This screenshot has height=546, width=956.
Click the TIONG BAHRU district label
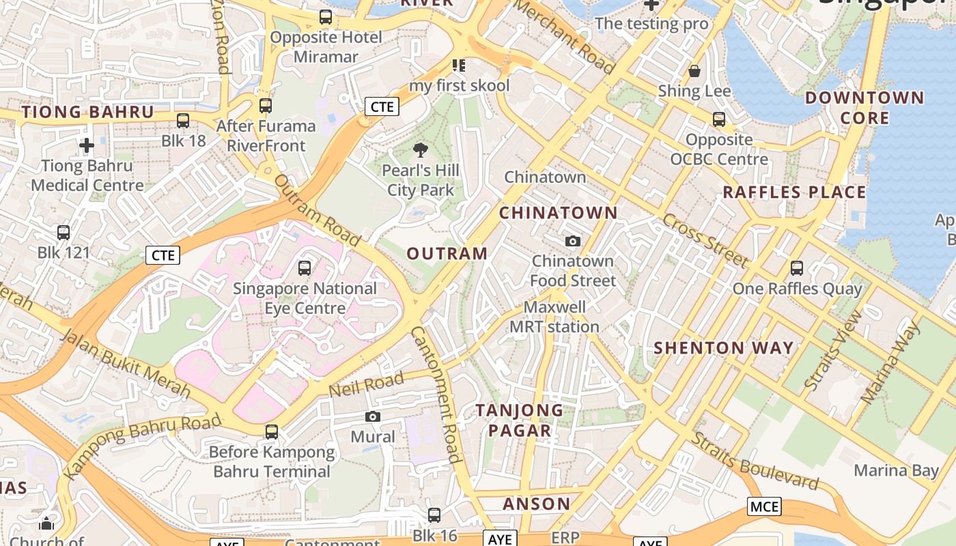click(87, 113)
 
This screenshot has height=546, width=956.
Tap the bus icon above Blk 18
click(183, 121)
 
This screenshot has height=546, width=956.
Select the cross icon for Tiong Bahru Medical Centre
click(87, 145)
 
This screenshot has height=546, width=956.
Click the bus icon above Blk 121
click(64, 233)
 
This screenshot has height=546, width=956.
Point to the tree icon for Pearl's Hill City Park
click(421, 150)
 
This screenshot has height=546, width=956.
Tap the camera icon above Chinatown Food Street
click(573, 241)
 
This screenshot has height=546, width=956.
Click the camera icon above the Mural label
click(373, 416)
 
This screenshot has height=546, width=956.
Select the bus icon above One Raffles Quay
click(797, 268)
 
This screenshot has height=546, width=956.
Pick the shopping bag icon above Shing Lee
click(694, 71)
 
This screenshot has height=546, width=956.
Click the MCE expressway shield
click(764, 506)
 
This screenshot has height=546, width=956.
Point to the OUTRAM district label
click(447, 254)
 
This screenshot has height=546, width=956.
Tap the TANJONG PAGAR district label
click(519, 420)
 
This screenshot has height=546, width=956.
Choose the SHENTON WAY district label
click(724, 348)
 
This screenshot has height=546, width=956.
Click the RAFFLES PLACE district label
click(794, 192)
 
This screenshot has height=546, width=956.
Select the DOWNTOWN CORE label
click(864, 108)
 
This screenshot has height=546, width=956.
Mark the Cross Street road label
click(705, 240)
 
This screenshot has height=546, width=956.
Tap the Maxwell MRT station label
click(554, 317)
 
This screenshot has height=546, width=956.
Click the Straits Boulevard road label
click(755, 461)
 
